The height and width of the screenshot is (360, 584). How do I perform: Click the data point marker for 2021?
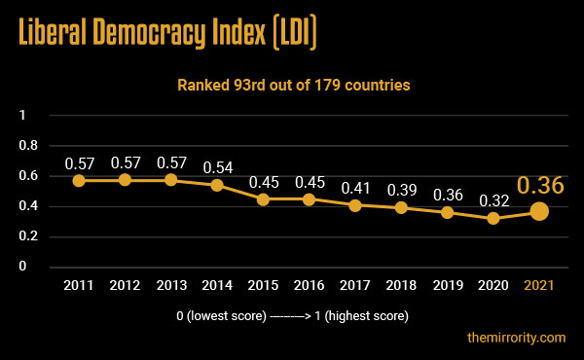(538, 211)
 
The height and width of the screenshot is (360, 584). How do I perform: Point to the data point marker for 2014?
(217, 185)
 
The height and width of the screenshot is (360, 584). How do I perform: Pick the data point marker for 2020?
(493, 218)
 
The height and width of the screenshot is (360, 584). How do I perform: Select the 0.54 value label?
(217, 166)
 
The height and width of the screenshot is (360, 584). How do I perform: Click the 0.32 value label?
(493, 199)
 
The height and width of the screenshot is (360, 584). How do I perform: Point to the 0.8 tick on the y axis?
(29, 146)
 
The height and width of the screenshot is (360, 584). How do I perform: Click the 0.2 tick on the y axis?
(29, 236)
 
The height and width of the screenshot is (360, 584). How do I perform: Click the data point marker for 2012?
(125, 180)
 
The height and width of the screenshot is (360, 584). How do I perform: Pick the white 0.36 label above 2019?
(447, 194)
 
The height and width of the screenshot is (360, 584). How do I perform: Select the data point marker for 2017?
(354, 204)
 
